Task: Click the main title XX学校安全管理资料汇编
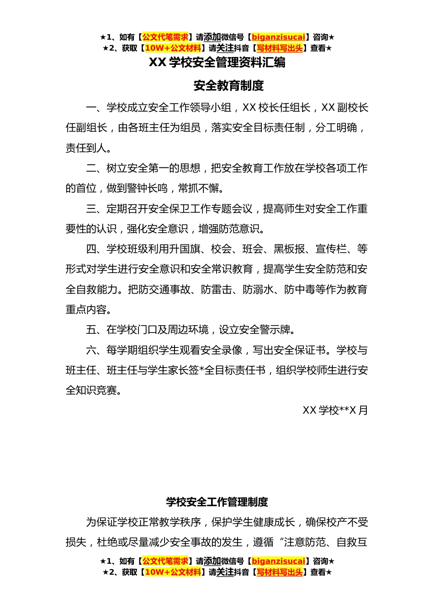pos(217,62)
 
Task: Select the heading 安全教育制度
pos(228,85)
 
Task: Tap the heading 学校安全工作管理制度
pos(217,502)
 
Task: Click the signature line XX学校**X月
pos(335,410)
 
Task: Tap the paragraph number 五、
pos(96,330)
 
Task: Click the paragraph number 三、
pos(96,209)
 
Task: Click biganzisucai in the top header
pos(278,37)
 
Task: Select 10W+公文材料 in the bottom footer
pos(173,572)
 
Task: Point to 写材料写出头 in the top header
pos(280,48)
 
